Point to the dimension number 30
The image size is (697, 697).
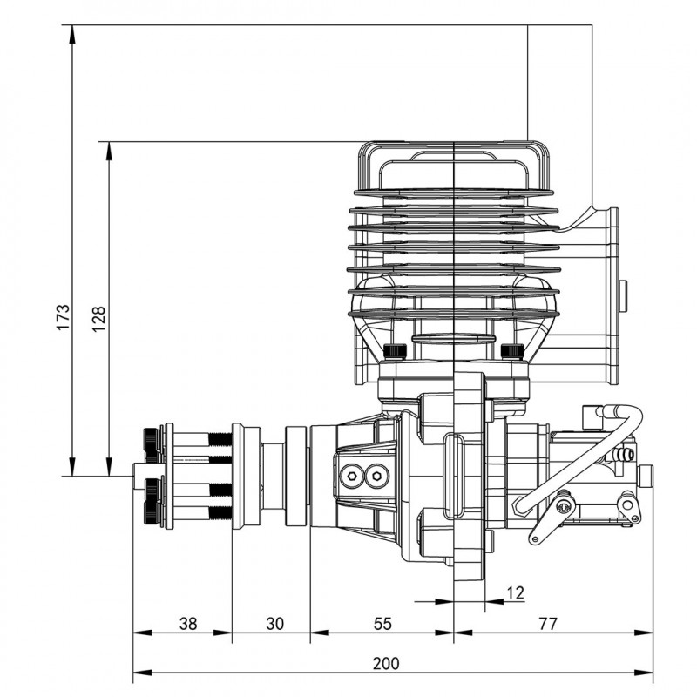point(274,624)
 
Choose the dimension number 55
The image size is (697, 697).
point(382,624)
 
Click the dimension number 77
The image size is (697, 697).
point(546,624)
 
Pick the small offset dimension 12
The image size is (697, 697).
point(515,593)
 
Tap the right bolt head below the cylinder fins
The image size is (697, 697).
point(512,351)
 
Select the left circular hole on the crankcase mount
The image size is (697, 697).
point(353,474)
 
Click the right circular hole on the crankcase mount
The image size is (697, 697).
point(376,474)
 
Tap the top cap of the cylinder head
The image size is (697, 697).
point(453,166)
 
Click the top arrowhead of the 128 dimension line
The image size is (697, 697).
point(109,148)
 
